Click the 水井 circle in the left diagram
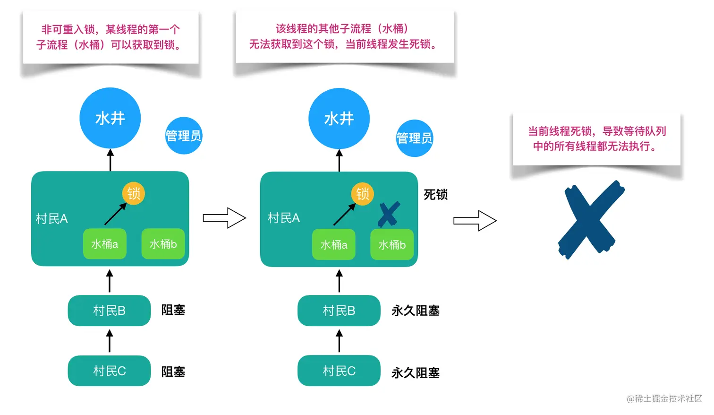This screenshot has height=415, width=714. point(110,118)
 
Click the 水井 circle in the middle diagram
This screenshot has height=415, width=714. point(339,119)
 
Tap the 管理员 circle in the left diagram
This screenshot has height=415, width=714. point(184,136)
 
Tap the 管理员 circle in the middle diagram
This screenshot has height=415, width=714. point(414,138)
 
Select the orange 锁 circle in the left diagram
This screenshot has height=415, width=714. point(134,193)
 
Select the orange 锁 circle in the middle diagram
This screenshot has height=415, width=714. point(362,194)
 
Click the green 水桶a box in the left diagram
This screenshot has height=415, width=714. point(105,244)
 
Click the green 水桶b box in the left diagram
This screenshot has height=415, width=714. point(163,244)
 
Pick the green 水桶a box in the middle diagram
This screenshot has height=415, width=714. point(334,244)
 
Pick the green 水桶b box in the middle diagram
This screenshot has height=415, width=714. point(392,244)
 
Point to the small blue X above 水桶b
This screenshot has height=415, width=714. point(389,214)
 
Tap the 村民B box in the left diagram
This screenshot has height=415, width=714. point(109,311)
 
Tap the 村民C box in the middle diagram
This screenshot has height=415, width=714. point(339,371)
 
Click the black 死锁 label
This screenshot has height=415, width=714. point(435,195)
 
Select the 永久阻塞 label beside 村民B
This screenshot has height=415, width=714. point(416,311)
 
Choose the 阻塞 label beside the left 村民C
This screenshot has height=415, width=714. point(173,372)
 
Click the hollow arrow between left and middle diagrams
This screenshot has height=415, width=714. point(224,218)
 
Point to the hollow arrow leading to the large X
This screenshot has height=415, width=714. point(475,221)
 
